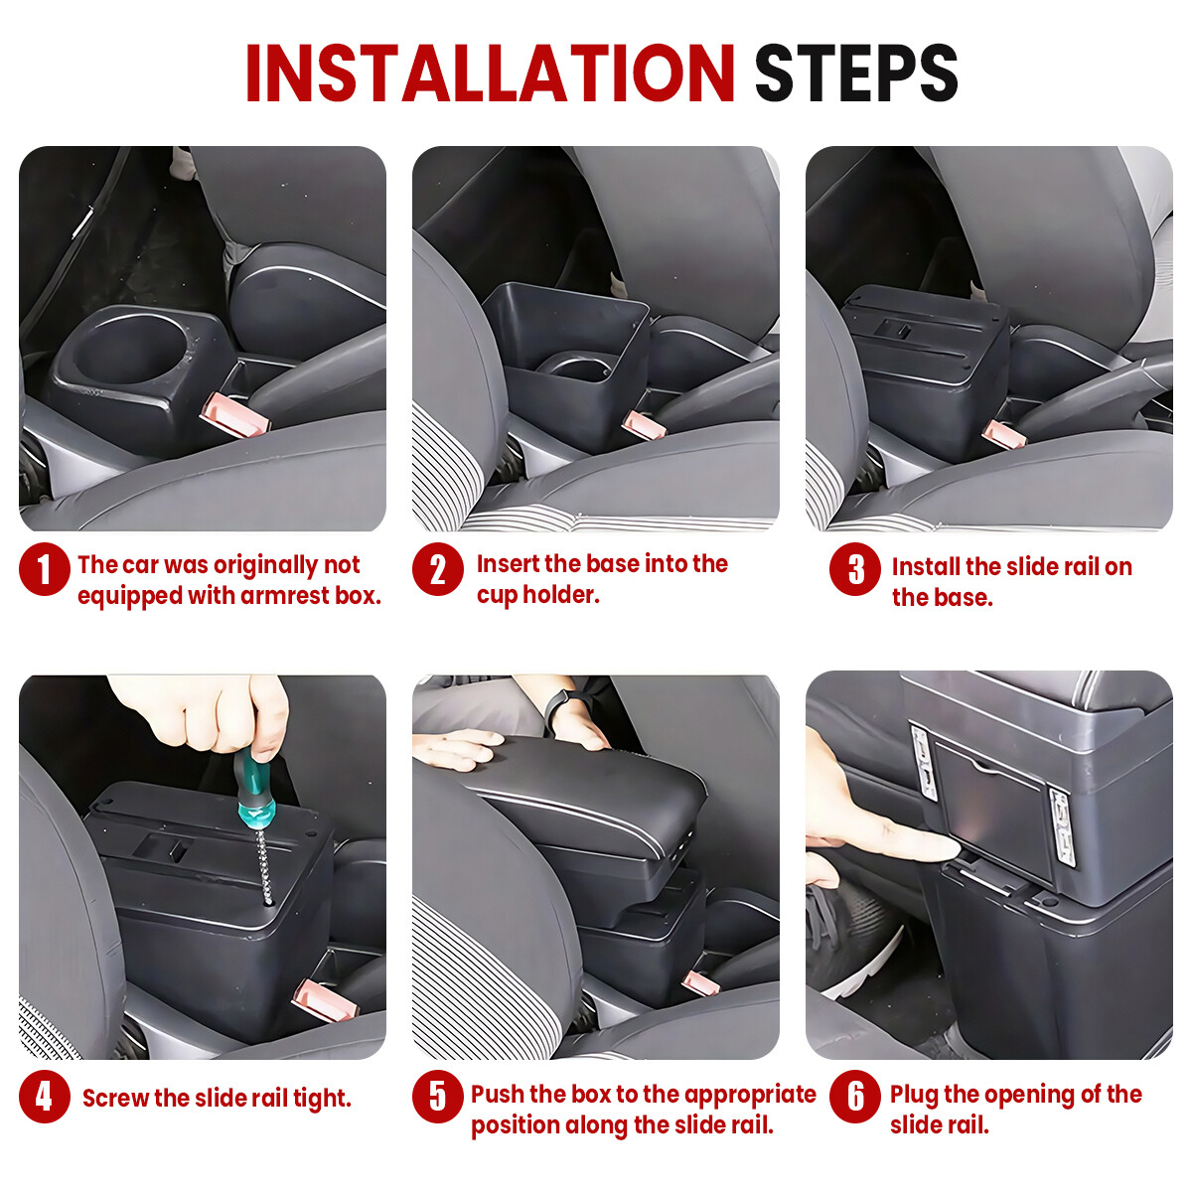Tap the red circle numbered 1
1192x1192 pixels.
45,569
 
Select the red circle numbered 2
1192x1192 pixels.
437,569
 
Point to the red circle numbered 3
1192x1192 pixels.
855,569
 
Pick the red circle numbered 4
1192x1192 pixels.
45,1098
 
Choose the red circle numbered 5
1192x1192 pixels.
437,1098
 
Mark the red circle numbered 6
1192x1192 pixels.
855,1098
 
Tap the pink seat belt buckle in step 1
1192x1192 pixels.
235,413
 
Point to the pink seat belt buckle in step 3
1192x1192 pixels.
1004,434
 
